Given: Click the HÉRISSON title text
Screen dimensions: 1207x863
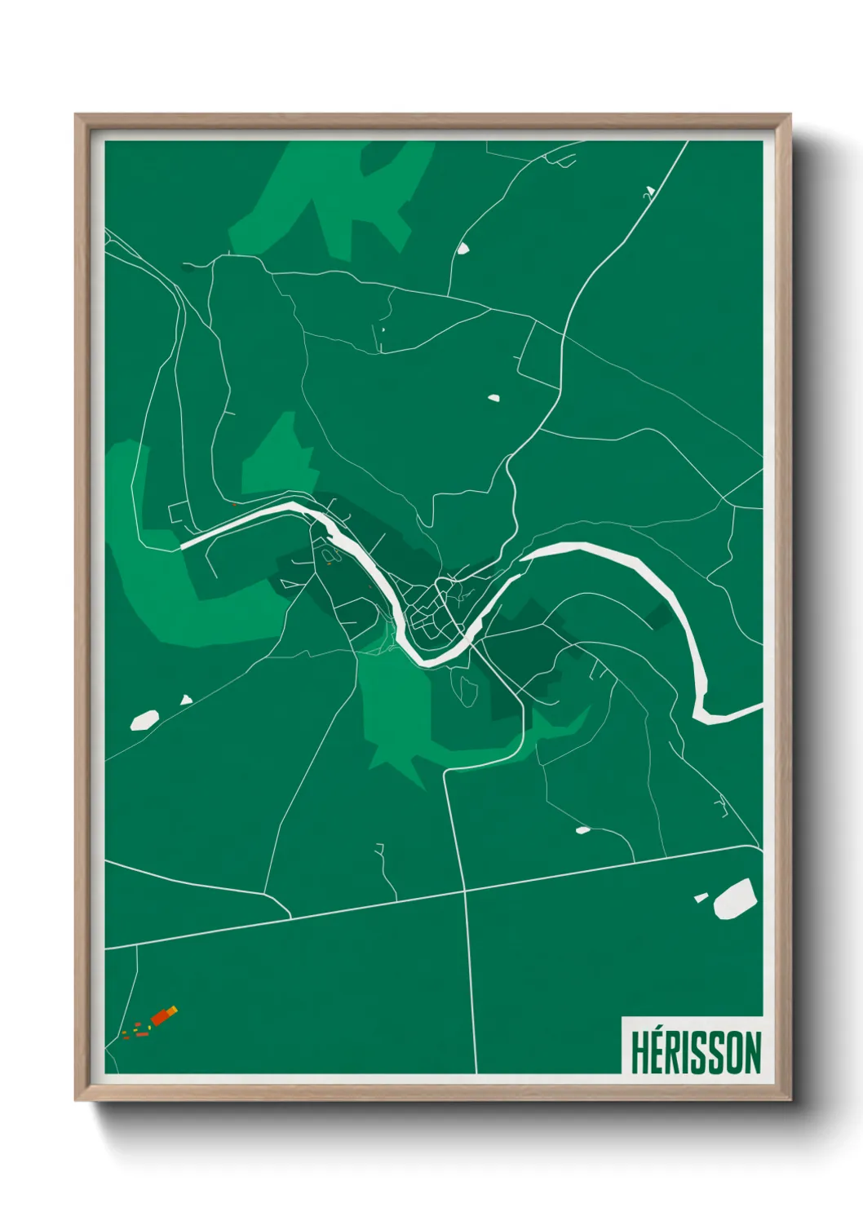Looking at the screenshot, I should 695,1052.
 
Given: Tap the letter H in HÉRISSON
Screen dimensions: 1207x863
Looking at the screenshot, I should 640,1052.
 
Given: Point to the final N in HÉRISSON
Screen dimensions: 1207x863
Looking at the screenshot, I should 751,1052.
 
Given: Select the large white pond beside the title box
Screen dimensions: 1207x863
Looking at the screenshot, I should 735,898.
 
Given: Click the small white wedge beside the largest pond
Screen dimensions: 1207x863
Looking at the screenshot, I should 701,898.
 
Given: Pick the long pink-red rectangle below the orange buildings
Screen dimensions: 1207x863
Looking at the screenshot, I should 142,1033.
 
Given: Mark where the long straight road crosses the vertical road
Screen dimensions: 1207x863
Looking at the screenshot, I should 465,891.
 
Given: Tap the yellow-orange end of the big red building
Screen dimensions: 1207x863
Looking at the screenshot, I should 173,1010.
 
